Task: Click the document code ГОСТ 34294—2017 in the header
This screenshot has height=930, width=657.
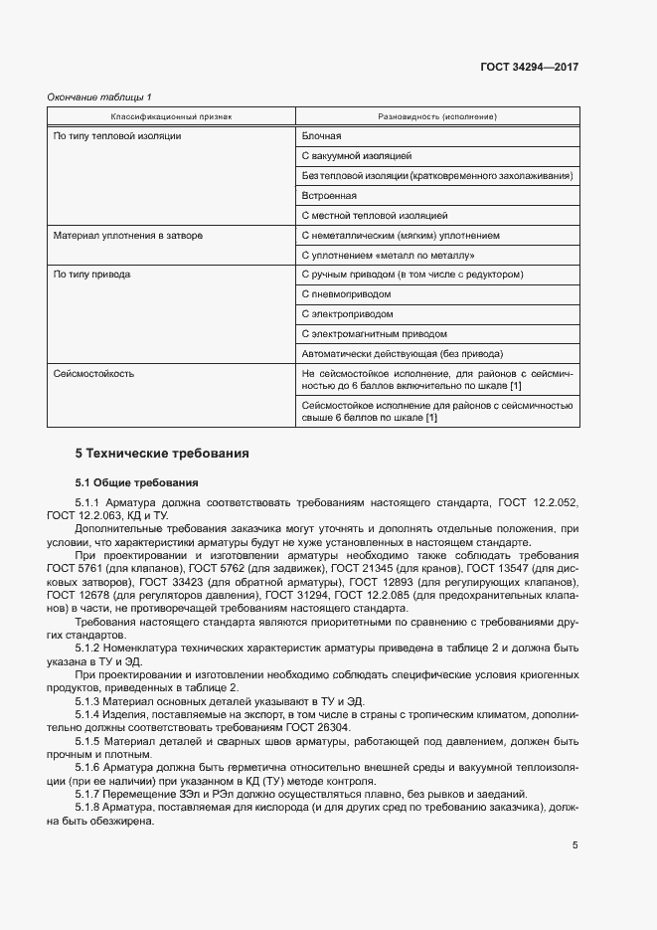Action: click(529, 68)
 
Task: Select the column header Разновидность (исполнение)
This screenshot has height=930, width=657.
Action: click(437, 116)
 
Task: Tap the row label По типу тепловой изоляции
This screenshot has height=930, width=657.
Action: click(116, 136)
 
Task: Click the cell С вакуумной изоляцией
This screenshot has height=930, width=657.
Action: click(355, 156)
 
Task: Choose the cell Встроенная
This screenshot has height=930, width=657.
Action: click(328, 196)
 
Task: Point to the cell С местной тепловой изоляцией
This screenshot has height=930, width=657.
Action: click(374, 216)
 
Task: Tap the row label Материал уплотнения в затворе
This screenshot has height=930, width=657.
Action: click(128, 236)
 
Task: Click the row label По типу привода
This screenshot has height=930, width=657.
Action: click(91, 275)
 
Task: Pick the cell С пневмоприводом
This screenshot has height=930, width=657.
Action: click(345, 294)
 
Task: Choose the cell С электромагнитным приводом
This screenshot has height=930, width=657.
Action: click(373, 334)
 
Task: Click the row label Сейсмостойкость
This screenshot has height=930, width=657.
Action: click(93, 374)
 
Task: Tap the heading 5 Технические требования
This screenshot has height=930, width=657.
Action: click(162, 454)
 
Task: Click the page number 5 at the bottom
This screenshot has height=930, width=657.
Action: click(575, 845)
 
